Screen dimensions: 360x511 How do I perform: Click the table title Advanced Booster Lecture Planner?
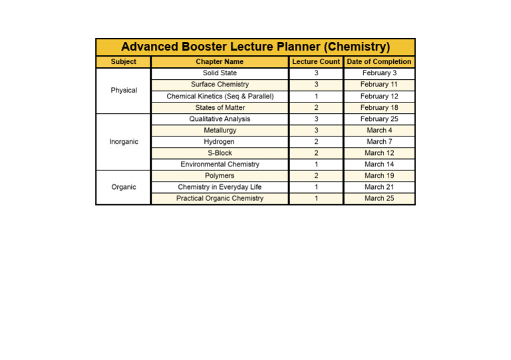[255, 47]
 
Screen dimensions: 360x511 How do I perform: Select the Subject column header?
[123, 62]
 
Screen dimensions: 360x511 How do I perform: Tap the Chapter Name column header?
[220, 62]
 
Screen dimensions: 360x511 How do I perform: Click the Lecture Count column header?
[316, 62]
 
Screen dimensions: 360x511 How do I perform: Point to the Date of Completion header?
[379, 62]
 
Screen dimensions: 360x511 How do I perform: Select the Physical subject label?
[123, 90]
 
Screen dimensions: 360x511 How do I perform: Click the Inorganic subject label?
[123, 142]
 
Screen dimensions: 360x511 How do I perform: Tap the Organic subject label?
[123, 187]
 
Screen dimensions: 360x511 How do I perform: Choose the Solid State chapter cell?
[220, 73]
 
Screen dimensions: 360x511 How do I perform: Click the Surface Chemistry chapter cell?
[220, 85]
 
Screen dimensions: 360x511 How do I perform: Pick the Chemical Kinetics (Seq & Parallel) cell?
[220, 96]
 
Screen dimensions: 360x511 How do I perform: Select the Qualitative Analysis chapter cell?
[220, 119]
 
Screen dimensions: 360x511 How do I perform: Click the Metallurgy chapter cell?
[220, 130]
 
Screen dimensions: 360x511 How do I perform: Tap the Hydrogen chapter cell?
[220, 142]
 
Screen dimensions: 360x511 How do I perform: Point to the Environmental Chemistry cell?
[220, 164]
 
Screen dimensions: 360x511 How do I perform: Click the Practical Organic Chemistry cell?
[220, 198]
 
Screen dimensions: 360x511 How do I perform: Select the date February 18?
[379, 108]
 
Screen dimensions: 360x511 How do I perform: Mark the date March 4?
[379, 130]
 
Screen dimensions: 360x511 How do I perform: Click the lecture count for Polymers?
[316, 176]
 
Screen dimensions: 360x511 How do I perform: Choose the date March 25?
[379, 198]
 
